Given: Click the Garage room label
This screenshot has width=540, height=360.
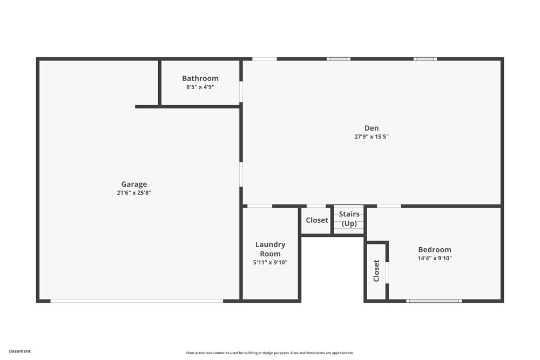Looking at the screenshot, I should [x=134, y=184].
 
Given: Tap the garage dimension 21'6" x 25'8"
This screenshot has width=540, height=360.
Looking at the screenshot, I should [x=134, y=193].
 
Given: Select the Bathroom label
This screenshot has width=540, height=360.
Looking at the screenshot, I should [x=200, y=78].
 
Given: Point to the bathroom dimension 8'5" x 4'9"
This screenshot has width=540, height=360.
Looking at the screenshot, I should [x=200, y=87].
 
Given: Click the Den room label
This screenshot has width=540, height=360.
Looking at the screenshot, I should [x=372, y=128].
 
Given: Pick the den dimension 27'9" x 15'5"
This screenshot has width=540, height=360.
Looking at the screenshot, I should [x=372, y=137].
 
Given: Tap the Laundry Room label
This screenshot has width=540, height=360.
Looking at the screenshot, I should [x=270, y=249].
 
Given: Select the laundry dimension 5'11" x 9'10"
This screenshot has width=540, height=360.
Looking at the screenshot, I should [x=270, y=262].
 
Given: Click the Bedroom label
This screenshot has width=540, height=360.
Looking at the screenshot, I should [x=435, y=249].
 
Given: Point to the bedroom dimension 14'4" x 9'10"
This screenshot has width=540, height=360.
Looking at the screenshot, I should [x=435, y=258].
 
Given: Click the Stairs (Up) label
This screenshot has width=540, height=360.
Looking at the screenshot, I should [x=349, y=219].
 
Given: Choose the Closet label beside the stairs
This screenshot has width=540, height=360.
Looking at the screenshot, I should [x=317, y=220].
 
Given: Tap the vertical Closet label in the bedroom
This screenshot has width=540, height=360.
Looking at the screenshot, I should [x=376, y=270].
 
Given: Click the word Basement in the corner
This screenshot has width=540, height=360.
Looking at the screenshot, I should [x=20, y=351].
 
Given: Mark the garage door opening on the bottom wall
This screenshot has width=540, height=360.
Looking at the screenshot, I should [x=137, y=301].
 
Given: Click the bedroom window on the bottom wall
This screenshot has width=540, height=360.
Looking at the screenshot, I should [x=434, y=301].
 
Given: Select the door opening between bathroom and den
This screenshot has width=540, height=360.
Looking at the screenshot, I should [x=241, y=92].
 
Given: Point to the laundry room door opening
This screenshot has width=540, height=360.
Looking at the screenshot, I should [x=260, y=206].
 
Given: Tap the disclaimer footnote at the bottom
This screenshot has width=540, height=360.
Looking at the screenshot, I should [x=270, y=353].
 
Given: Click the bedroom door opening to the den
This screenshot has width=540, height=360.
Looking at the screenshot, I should [x=389, y=206].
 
